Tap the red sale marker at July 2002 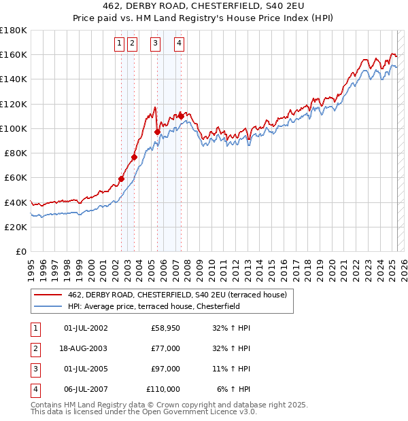[122, 179]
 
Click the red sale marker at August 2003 [135, 157]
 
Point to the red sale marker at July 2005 [157, 132]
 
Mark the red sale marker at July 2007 [181, 116]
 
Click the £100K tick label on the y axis [13, 128]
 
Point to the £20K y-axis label [16, 227]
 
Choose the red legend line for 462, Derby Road [48, 295]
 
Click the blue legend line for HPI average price [48, 306]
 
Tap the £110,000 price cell [163, 389]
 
